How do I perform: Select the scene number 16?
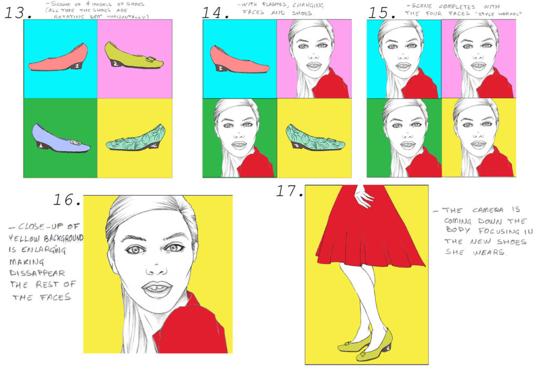click(67, 199)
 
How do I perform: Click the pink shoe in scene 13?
click(59, 59)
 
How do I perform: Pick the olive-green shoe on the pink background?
click(134, 57)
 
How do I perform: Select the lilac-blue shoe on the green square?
click(59, 140)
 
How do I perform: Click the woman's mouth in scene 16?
click(157, 288)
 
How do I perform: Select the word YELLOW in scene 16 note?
click(25, 239)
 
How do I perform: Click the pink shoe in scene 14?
click(239, 59)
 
